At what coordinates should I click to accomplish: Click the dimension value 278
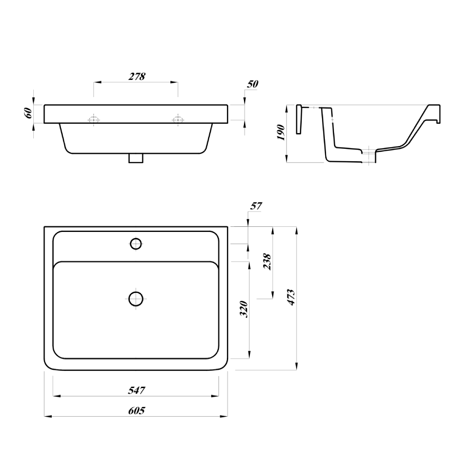136,76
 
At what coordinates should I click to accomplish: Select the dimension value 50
253,84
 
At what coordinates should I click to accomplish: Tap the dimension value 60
28,112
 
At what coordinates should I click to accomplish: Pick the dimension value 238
267,262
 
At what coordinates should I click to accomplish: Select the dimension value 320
245,309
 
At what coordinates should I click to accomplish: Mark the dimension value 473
291,297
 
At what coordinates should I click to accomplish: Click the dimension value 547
136,390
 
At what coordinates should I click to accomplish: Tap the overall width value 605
136,410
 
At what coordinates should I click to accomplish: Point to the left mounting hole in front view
94,120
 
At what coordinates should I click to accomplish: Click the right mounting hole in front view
177,120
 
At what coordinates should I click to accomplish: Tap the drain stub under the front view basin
136,158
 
